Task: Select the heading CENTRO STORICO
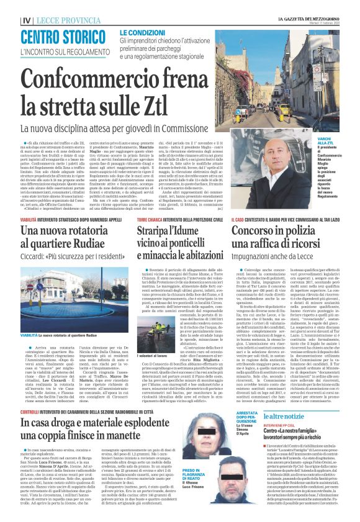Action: pyautogui.click(x=60, y=36)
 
